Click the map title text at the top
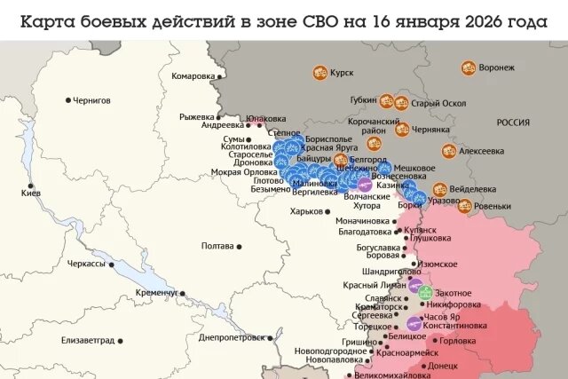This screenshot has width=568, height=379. tap(283, 20)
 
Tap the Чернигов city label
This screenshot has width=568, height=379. tap(98, 100)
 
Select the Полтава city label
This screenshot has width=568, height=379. tap(217, 246)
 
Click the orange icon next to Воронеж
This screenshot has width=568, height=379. tap(467, 67)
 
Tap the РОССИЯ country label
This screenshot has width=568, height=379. tap(513, 122)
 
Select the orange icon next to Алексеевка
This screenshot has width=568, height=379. tap(449, 151)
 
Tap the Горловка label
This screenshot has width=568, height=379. tap(458, 341)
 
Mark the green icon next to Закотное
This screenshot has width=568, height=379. tap(425, 292)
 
